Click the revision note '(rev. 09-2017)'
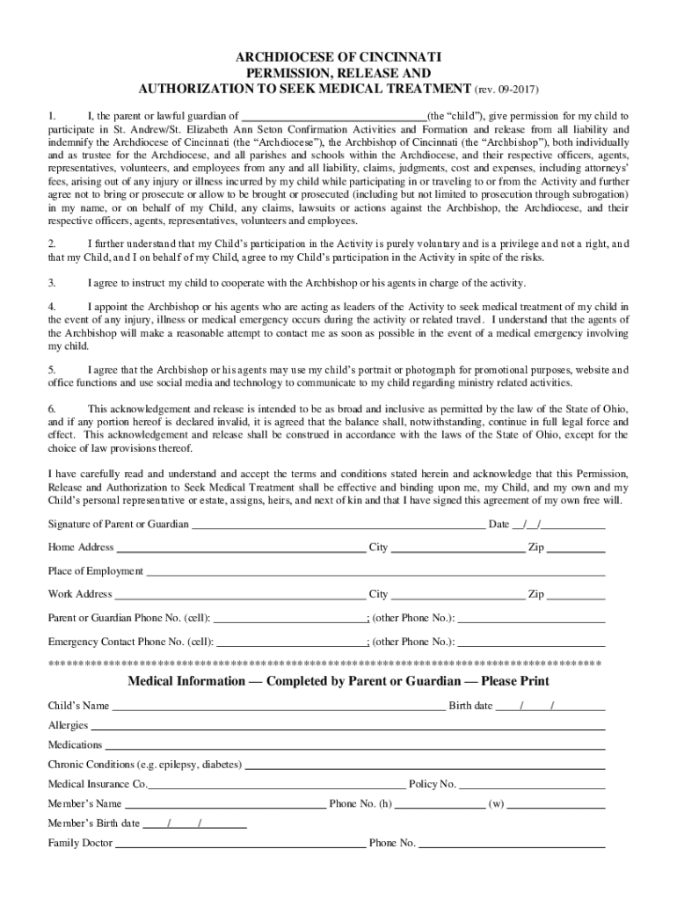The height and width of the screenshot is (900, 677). [x=506, y=91]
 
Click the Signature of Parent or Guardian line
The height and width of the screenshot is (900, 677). [x=338, y=526]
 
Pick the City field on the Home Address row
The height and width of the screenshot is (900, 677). [x=457, y=548]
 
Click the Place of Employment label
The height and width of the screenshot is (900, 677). [x=95, y=571]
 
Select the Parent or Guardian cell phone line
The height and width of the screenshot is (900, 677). [x=290, y=619]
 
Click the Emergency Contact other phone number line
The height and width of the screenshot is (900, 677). [x=531, y=642]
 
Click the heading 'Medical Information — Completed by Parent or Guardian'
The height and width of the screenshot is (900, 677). [x=338, y=682]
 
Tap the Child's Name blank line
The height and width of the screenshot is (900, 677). [x=279, y=707]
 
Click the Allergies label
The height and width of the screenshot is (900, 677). [x=68, y=726]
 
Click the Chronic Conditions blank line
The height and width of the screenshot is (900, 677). [x=425, y=766]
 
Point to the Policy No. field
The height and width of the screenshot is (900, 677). [x=532, y=785]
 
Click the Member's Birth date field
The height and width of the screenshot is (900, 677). [x=194, y=824]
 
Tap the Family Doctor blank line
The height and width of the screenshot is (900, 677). [x=241, y=845]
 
